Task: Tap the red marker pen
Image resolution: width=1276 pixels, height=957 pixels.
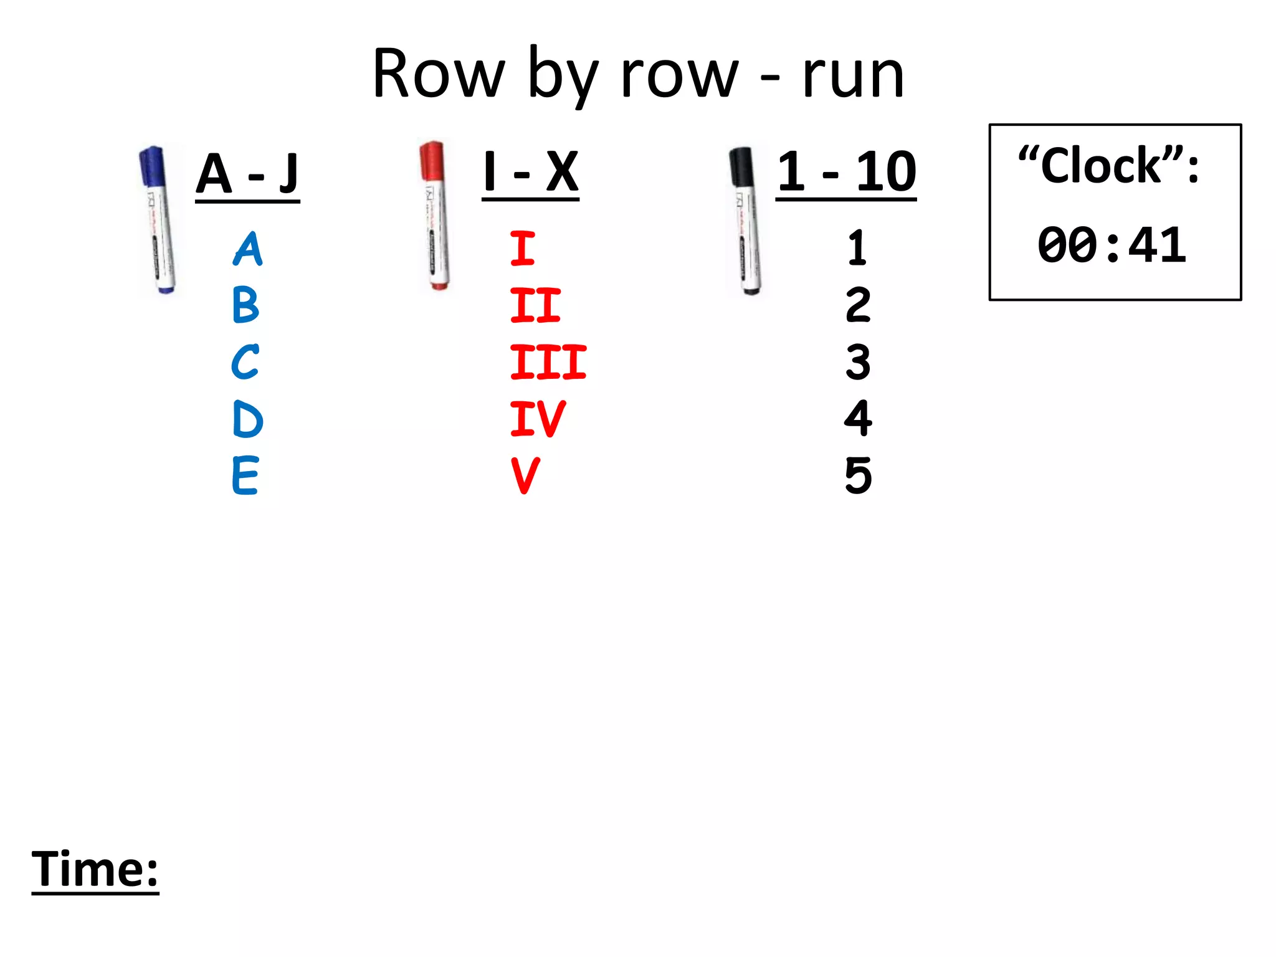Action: tap(436, 215)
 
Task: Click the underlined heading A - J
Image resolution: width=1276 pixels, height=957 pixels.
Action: tap(247, 174)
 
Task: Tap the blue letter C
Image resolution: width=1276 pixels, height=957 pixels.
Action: tap(245, 362)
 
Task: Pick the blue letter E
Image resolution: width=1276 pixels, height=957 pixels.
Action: tap(245, 475)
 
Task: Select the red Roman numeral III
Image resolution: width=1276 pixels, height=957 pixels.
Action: tap(548, 362)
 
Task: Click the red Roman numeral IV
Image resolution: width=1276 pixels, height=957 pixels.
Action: tap(537, 419)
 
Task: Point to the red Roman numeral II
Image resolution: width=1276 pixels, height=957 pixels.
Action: tap(535, 305)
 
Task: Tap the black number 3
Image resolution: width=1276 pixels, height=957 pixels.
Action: tap(858, 362)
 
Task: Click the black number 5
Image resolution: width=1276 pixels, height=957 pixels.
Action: tap(858, 475)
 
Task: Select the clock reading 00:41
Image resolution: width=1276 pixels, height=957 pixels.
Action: tap(1112, 245)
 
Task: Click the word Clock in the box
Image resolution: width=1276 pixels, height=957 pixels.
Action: tap(1102, 166)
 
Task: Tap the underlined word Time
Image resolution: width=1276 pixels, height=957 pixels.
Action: tap(95, 869)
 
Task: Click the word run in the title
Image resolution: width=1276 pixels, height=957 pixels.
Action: tap(853, 76)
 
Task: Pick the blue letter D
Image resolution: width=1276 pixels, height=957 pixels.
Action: tap(247, 419)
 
